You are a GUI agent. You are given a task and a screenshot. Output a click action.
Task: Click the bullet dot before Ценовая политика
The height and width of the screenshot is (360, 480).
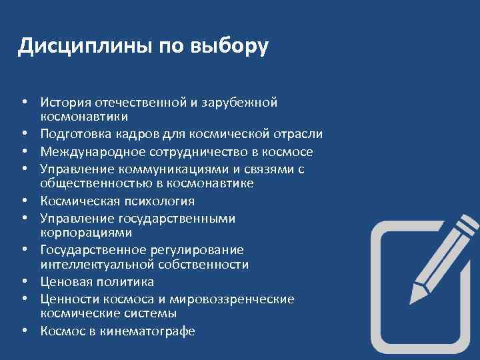23,282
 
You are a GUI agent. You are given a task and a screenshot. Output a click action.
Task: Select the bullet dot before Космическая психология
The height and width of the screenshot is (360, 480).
23,201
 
